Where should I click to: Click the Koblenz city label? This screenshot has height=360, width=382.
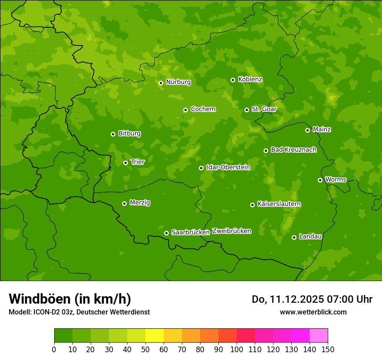click(x=250, y=79)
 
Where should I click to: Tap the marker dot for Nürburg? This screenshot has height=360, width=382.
click(x=161, y=83)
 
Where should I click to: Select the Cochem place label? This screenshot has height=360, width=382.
click(x=203, y=109)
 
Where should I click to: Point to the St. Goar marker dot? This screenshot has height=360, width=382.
click(x=247, y=110)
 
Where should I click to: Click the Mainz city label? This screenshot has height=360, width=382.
click(x=322, y=129)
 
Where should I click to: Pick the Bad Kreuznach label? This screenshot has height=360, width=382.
click(x=293, y=150)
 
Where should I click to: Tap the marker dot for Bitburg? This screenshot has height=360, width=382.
click(x=113, y=134)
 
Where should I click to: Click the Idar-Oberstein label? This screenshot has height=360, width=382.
click(x=228, y=167)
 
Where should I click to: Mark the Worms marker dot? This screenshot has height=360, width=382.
click(x=320, y=180)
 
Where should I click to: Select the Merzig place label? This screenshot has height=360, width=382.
click(x=140, y=203)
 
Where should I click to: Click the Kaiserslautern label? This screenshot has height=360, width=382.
click(x=279, y=204)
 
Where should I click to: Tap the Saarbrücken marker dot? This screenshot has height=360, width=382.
click(x=166, y=233)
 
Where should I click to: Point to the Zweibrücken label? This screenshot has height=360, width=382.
click(x=231, y=231)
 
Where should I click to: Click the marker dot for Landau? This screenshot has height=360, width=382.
click(x=294, y=237)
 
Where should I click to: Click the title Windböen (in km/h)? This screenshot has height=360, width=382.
click(x=70, y=299)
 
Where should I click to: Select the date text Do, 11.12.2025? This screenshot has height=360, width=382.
click(x=288, y=299)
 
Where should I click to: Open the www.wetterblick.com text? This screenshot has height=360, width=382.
click(x=313, y=312)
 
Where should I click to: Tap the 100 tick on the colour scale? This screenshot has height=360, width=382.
click(x=237, y=349)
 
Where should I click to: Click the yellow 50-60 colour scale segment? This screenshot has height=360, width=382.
click(x=155, y=335)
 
